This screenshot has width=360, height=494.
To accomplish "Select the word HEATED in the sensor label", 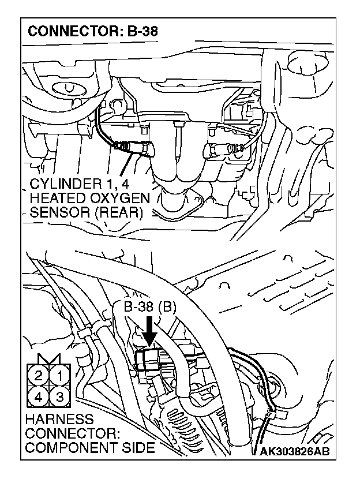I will pos(58,199).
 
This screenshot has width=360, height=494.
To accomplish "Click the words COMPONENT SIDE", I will pos(90,447).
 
